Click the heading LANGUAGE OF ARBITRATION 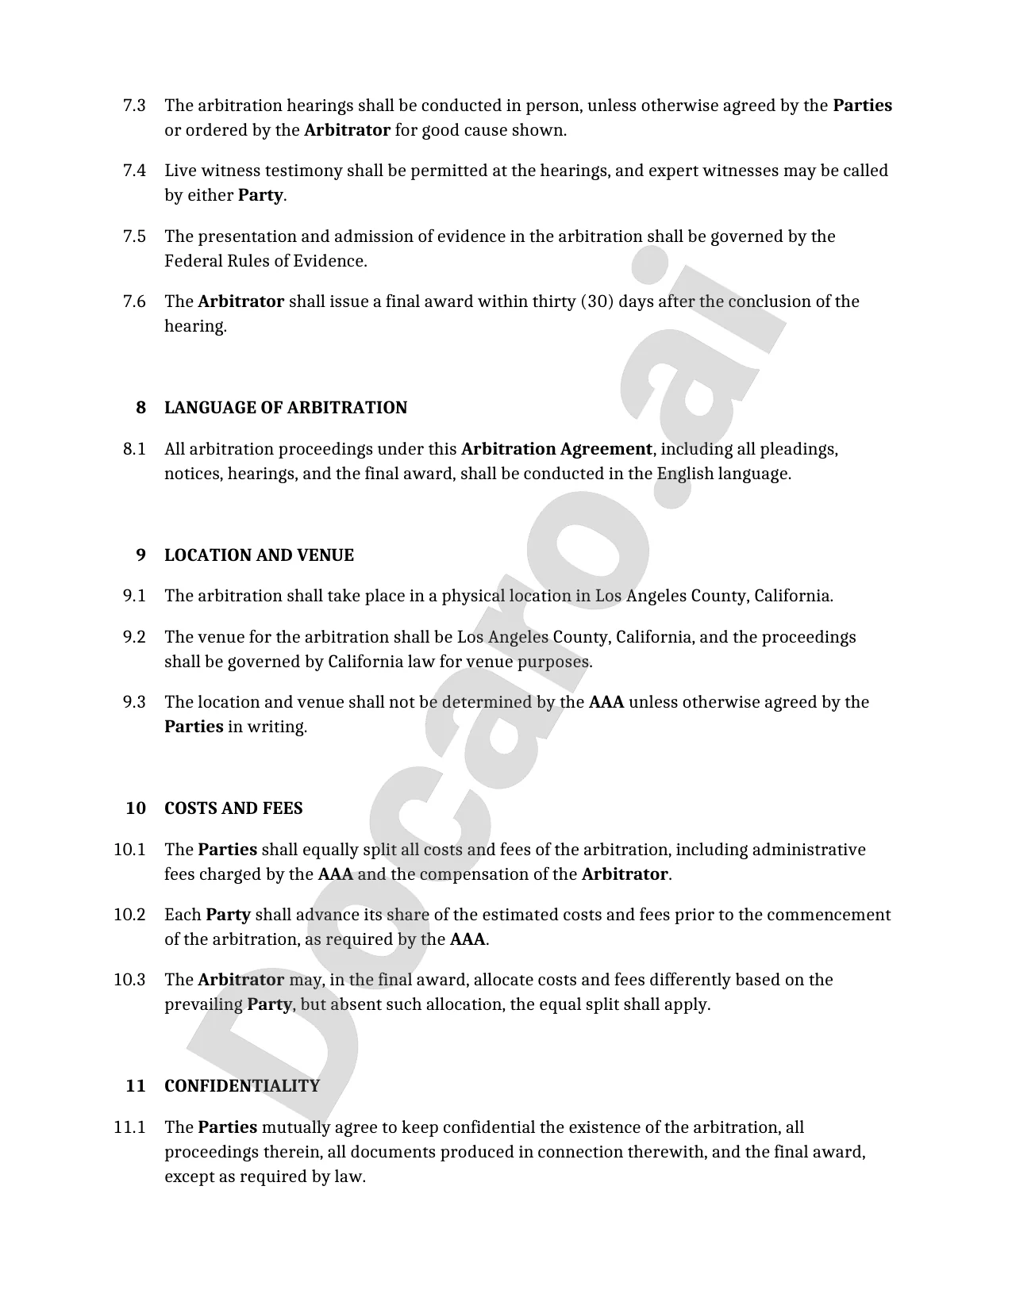(x=285, y=408)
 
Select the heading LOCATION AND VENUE (x=259, y=555)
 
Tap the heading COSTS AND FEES (x=233, y=808)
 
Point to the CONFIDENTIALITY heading (x=241, y=1086)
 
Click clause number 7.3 (x=134, y=106)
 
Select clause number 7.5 (x=134, y=236)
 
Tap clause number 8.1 (x=134, y=449)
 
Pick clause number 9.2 (x=134, y=637)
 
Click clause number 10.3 (x=129, y=980)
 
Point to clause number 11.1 (x=129, y=1127)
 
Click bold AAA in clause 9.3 (x=606, y=702)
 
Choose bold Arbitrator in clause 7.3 (x=347, y=130)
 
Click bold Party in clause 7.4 (x=260, y=195)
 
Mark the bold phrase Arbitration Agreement (x=556, y=449)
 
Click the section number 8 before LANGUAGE (x=140, y=408)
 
